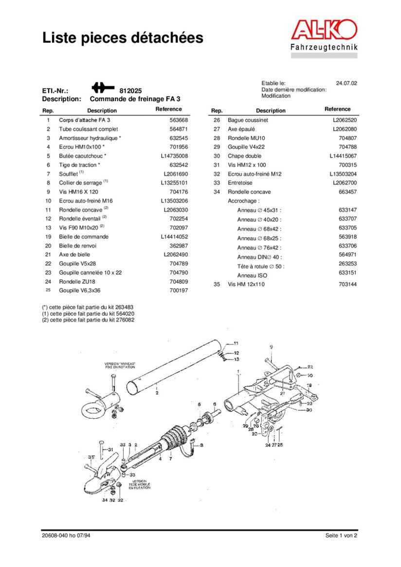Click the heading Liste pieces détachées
pos(123,37)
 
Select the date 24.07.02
pos(346,83)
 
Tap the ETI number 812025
pos(130,90)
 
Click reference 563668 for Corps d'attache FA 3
pos(178,120)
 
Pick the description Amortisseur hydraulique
pos(90,138)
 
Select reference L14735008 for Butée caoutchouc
pos(174,156)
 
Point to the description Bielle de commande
pos(84,237)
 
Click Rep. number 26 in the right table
pos(217,120)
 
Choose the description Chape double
pos(244,156)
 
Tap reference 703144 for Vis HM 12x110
pos(347,284)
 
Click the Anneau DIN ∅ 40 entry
pos(260,257)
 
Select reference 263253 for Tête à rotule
pos(347,266)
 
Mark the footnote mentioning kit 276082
pos(88,320)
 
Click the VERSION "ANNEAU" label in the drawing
pos(120,365)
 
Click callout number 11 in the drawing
pos(236,343)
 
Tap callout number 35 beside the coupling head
pos(91,458)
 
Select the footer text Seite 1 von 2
pos(341,536)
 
